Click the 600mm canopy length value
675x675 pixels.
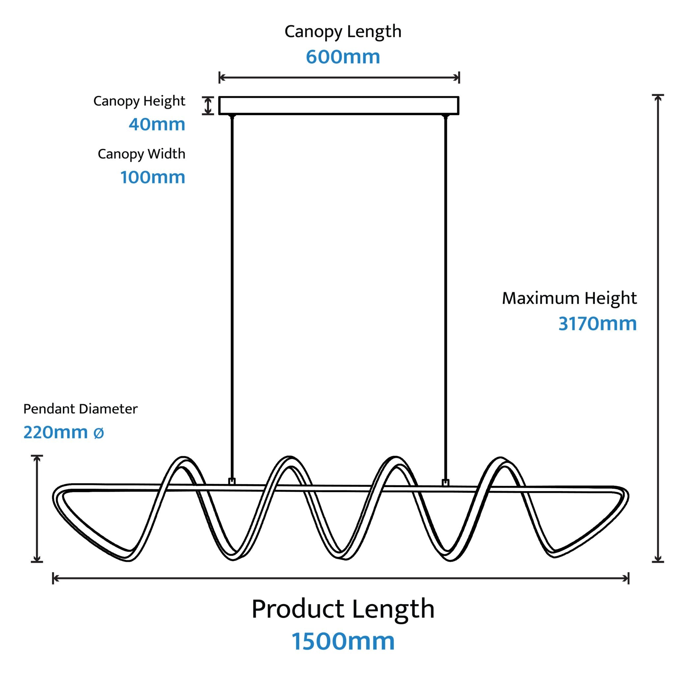click(343, 57)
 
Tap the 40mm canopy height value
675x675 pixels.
click(157, 124)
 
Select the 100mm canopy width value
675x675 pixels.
click(153, 177)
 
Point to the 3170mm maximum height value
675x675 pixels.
click(598, 324)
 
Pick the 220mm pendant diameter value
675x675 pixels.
click(56, 432)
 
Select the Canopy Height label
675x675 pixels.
click(139, 101)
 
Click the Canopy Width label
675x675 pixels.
click(141, 154)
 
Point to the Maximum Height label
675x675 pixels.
click(570, 299)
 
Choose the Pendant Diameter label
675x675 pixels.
click(80, 409)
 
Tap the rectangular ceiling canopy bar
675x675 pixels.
click(338, 105)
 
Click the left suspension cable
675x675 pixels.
click(232, 297)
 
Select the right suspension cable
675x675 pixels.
click(445, 297)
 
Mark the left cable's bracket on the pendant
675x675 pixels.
click(232, 482)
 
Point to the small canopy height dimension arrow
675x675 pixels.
click(208, 105)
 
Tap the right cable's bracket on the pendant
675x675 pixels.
click(445, 483)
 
